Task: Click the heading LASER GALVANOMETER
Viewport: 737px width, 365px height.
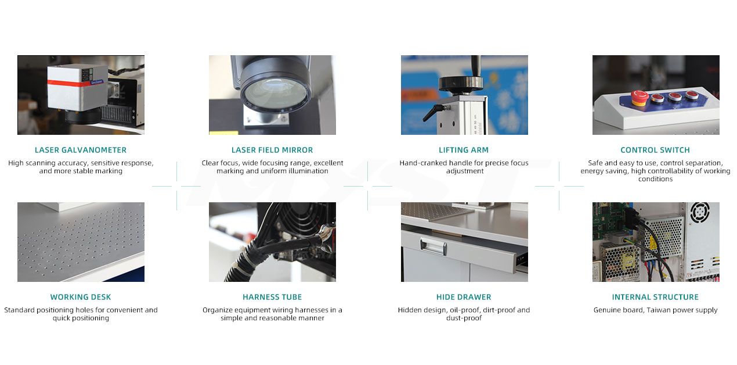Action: pyautogui.click(x=81, y=150)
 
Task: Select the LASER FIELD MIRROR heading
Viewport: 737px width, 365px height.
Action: pyautogui.click(x=272, y=150)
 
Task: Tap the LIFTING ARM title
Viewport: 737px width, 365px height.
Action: pyautogui.click(x=464, y=150)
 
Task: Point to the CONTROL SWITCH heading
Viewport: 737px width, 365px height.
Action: pyautogui.click(x=655, y=150)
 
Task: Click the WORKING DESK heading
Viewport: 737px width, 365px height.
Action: pyautogui.click(x=81, y=297)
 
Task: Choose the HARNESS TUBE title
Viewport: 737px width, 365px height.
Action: pyautogui.click(x=272, y=297)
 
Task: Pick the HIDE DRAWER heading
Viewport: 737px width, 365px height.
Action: pyautogui.click(x=464, y=297)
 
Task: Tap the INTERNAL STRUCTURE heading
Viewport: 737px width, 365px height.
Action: pyautogui.click(x=655, y=297)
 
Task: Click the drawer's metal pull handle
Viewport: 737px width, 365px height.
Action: pyautogui.click(x=433, y=245)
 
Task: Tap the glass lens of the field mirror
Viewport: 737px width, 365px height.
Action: pyautogui.click(x=275, y=94)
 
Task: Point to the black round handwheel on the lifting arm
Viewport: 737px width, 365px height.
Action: pyautogui.click(x=460, y=83)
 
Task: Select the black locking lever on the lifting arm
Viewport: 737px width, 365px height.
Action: pyautogui.click(x=433, y=112)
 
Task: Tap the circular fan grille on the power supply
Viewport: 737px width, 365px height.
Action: pyautogui.click(x=699, y=213)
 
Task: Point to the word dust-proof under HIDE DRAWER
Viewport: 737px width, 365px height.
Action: pyautogui.click(x=464, y=319)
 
